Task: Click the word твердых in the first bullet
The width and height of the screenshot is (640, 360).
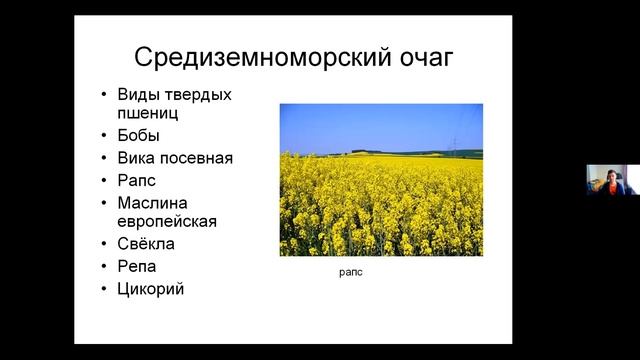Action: pos(199,95)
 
